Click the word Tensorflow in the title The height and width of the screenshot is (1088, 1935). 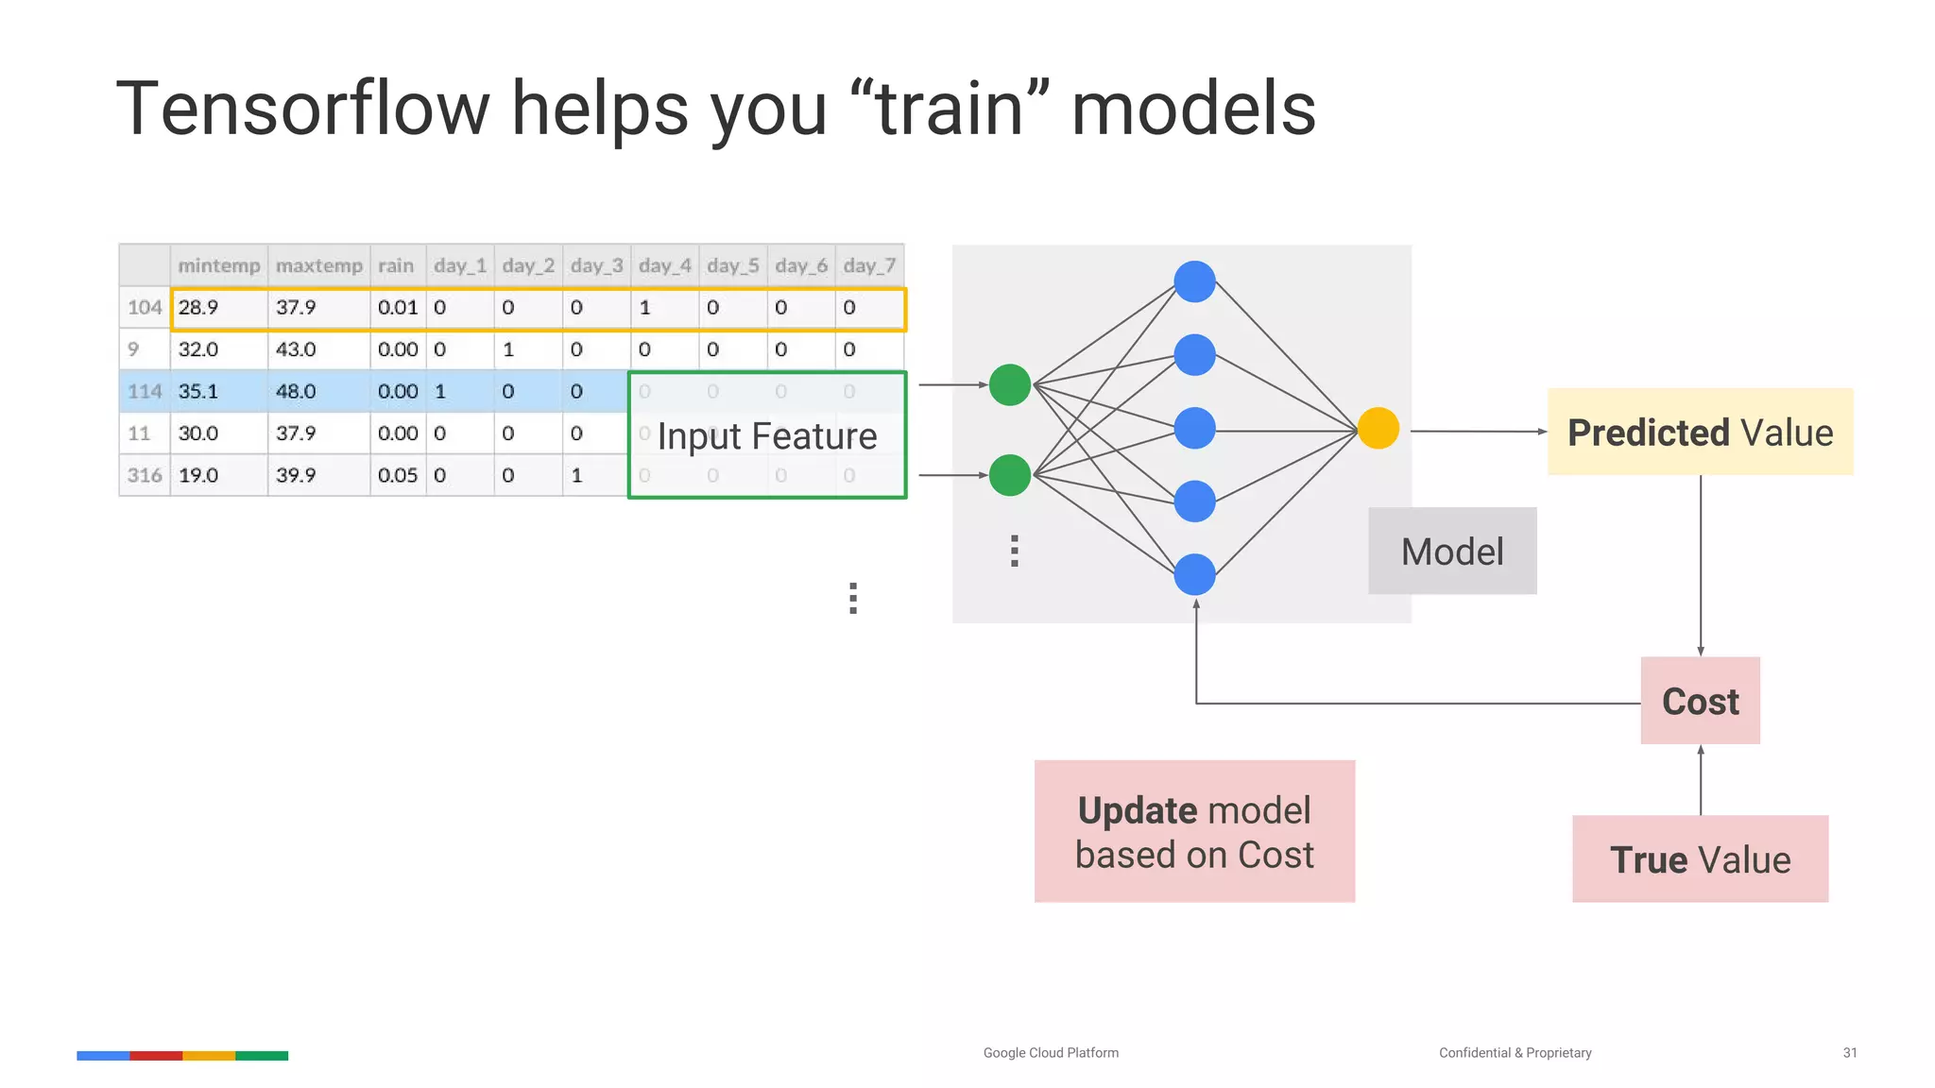pyautogui.click(x=302, y=109)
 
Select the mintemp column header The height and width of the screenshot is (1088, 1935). pyautogui.click(x=218, y=265)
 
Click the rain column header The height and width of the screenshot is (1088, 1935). pyautogui.click(x=396, y=265)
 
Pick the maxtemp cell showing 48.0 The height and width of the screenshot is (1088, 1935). pyautogui.click(x=296, y=391)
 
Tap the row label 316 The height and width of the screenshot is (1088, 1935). pyautogui.click(x=145, y=475)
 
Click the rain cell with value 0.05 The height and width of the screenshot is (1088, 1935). pyautogui.click(x=397, y=475)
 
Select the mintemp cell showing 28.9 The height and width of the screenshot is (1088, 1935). pyautogui.click(x=198, y=308)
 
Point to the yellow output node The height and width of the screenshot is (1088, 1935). pyautogui.click(x=1378, y=429)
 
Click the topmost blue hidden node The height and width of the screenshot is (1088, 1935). pyautogui.click(x=1194, y=281)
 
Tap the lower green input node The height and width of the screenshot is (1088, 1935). pyautogui.click(x=1009, y=475)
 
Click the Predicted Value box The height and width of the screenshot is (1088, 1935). pyautogui.click(x=1700, y=432)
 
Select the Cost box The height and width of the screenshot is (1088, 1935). pyautogui.click(x=1700, y=701)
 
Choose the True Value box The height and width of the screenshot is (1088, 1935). pyautogui.click(x=1700, y=858)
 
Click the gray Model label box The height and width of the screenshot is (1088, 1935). pyautogui.click(x=1452, y=552)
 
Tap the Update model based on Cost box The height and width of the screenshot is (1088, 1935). pyautogui.click(x=1194, y=831)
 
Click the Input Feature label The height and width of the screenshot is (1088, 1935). pyautogui.click(x=767, y=436)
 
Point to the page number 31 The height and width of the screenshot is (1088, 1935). pyautogui.click(x=1849, y=1052)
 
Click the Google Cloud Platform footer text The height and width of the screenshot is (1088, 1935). pyautogui.click(x=1051, y=1052)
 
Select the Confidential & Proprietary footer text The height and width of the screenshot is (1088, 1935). pyautogui.click(x=1515, y=1052)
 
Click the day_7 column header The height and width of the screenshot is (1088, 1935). pyautogui.click(x=869, y=265)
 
